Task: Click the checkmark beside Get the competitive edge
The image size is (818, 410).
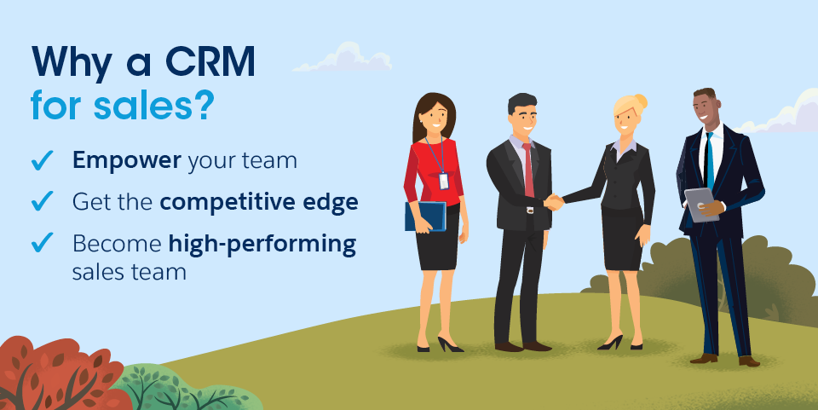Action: pyautogui.click(x=42, y=201)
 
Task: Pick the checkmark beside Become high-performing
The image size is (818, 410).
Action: pyautogui.click(x=42, y=243)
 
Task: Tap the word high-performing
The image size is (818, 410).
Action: pyautogui.click(x=262, y=244)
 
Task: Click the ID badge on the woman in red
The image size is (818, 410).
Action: pyautogui.click(x=443, y=181)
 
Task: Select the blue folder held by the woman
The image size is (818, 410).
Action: pyautogui.click(x=424, y=216)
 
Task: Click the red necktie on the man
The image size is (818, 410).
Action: pyautogui.click(x=528, y=169)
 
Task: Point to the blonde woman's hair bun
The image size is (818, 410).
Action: pyautogui.click(x=641, y=101)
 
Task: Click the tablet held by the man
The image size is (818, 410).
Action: pyautogui.click(x=700, y=205)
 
